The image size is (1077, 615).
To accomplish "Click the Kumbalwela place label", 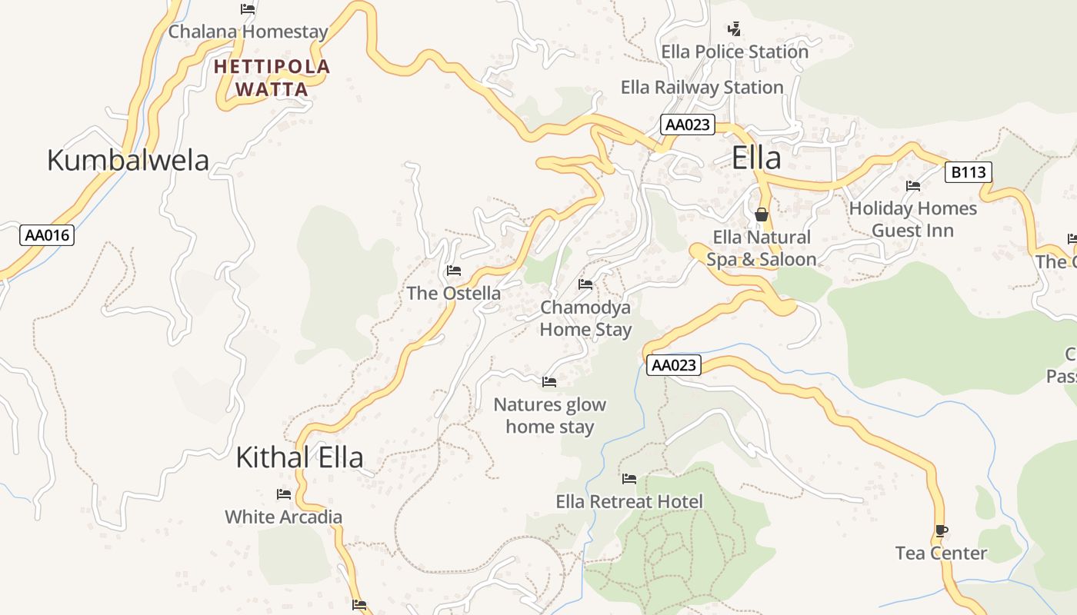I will (x=128, y=160).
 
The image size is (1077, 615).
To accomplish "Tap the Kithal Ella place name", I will (x=299, y=457).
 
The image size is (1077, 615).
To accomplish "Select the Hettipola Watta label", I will (x=272, y=78).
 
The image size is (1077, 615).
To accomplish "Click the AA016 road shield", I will (x=47, y=235).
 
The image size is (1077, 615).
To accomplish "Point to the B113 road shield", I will (x=968, y=172).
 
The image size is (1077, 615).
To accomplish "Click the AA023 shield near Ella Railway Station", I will (x=687, y=125).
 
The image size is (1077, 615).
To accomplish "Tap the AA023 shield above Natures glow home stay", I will (x=674, y=365).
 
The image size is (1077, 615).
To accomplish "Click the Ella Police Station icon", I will (x=734, y=29).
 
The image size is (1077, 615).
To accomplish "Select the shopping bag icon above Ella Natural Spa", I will (x=762, y=214).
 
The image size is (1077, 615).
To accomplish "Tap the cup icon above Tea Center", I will (x=941, y=530).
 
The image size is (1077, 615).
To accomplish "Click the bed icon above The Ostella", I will (x=454, y=271).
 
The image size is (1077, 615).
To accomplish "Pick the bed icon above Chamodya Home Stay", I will (x=585, y=284).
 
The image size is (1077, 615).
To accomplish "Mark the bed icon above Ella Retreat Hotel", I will (x=629, y=479).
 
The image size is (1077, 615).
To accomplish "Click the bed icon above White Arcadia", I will (x=284, y=494).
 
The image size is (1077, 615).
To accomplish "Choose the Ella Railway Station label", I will (x=702, y=88).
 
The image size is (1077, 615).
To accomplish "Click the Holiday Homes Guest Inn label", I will (x=912, y=219).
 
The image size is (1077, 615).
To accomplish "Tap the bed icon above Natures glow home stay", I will (x=549, y=381).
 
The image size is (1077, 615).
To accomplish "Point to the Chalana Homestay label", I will (x=248, y=32).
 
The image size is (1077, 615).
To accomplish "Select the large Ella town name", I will (x=756, y=158).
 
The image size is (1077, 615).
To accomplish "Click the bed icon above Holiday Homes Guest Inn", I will (x=913, y=186).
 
